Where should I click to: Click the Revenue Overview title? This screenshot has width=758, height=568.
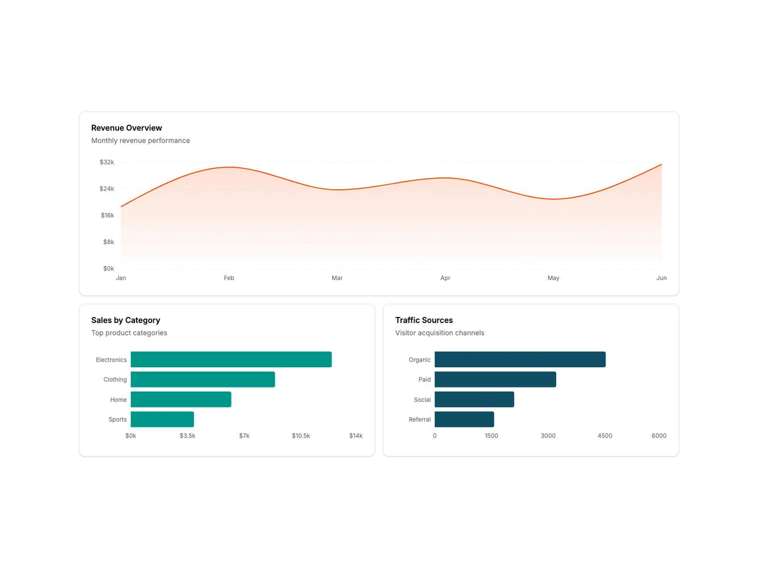point(127,128)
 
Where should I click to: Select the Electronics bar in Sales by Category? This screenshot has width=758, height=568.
point(231,359)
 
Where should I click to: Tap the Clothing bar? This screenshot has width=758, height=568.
point(203,380)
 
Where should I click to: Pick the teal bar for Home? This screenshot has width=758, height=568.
point(180,400)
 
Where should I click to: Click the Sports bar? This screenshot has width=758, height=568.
point(162,419)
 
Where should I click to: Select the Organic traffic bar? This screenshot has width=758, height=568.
point(520,359)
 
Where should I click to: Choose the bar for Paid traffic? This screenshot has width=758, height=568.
point(495,380)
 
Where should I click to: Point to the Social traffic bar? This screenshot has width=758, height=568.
point(474,400)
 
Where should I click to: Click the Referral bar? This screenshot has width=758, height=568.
point(464,419)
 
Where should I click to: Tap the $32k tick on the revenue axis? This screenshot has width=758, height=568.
point(107,162)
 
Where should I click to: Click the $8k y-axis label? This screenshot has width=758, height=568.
point(108,242)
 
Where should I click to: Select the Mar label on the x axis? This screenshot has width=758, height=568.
point(337,278)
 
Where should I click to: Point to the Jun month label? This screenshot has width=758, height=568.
point(661,278)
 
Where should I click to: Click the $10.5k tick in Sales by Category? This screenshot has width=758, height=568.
point(301,436)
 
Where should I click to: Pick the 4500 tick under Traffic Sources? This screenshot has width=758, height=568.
point(604,436)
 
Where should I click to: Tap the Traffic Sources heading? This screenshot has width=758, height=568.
point(424,320)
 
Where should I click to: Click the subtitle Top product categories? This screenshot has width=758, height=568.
point(129,333)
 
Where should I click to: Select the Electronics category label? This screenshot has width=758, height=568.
point(111,360)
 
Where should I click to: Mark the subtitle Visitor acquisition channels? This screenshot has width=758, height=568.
point(440,333)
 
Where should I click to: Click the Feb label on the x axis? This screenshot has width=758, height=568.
point(229,278)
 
